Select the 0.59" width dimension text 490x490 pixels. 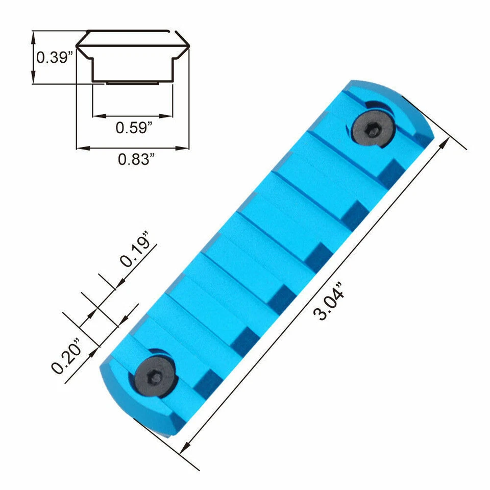tap(134, 128)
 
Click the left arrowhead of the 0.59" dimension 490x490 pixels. tap(96, 116)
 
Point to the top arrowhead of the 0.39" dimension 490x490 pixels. tap(34, 34)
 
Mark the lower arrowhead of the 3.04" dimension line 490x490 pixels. tap(185, 450)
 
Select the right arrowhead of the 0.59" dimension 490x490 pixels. tap(170, 116)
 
